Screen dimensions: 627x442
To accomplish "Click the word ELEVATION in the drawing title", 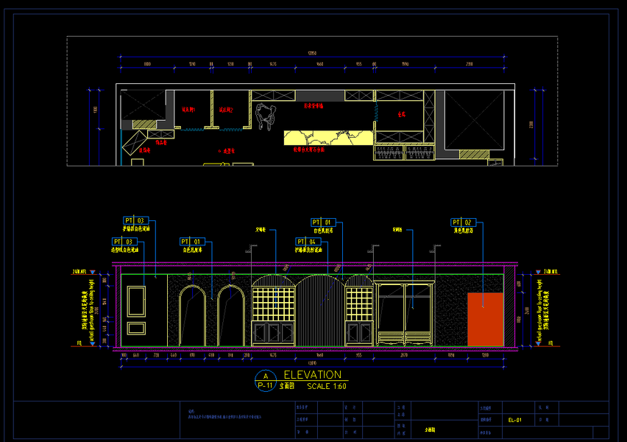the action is pyautogui.click(x=312, y=375).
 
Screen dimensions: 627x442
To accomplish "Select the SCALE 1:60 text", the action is pyautogui.click(x=326, y=386).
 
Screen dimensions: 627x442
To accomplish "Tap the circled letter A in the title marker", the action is pyautogui.click(x=265, y=376).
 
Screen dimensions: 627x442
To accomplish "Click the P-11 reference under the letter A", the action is pyautogui.click(x=265, y=385).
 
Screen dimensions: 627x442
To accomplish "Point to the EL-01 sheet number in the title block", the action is pyautogui.click(x=514, y=420).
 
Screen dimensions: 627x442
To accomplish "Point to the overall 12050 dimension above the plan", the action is pyautogui.click(x=311, y=53).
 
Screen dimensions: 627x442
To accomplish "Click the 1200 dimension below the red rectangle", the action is pyautogui.click(x=485, y=355).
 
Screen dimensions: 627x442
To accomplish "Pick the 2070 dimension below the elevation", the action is pyautogui.click(x=403, y=355).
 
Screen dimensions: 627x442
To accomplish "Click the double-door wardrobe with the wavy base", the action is pyautogui.click(x=404, y=313).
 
